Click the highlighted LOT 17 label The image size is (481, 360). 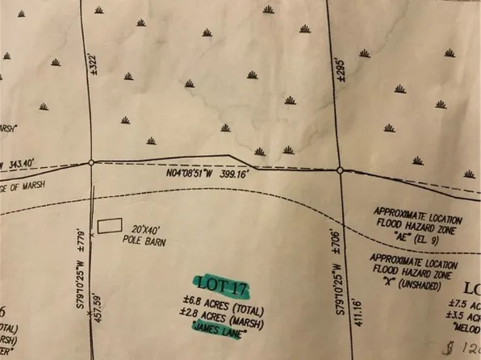223,286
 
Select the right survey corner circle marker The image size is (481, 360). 340,170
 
